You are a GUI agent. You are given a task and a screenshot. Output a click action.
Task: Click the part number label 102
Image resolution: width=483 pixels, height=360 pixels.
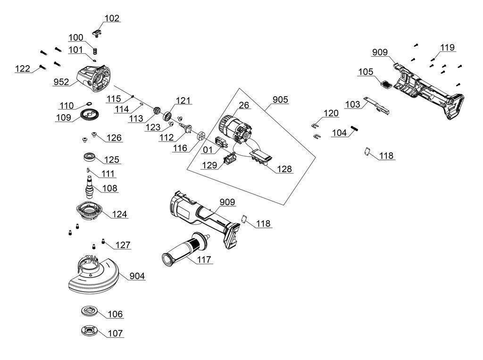[x=112, y=18]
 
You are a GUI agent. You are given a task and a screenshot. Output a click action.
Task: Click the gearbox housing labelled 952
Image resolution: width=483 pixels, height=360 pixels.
[x=96, y=77]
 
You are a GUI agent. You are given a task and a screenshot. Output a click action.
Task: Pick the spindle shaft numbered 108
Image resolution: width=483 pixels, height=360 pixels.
[x=88, y=185]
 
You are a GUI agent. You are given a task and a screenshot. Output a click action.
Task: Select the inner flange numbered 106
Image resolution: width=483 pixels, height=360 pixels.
[x=88, y=311]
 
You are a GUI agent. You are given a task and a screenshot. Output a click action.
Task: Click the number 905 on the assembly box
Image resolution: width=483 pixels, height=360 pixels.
[x=280, y=100]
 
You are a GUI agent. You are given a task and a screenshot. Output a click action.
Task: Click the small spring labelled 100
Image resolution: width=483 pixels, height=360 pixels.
[x=94, y=51]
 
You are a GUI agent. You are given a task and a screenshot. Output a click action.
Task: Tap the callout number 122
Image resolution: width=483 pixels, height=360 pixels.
[x=22, y=69]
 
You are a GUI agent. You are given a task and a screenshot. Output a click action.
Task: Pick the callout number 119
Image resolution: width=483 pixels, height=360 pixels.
[x=448, y=47]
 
